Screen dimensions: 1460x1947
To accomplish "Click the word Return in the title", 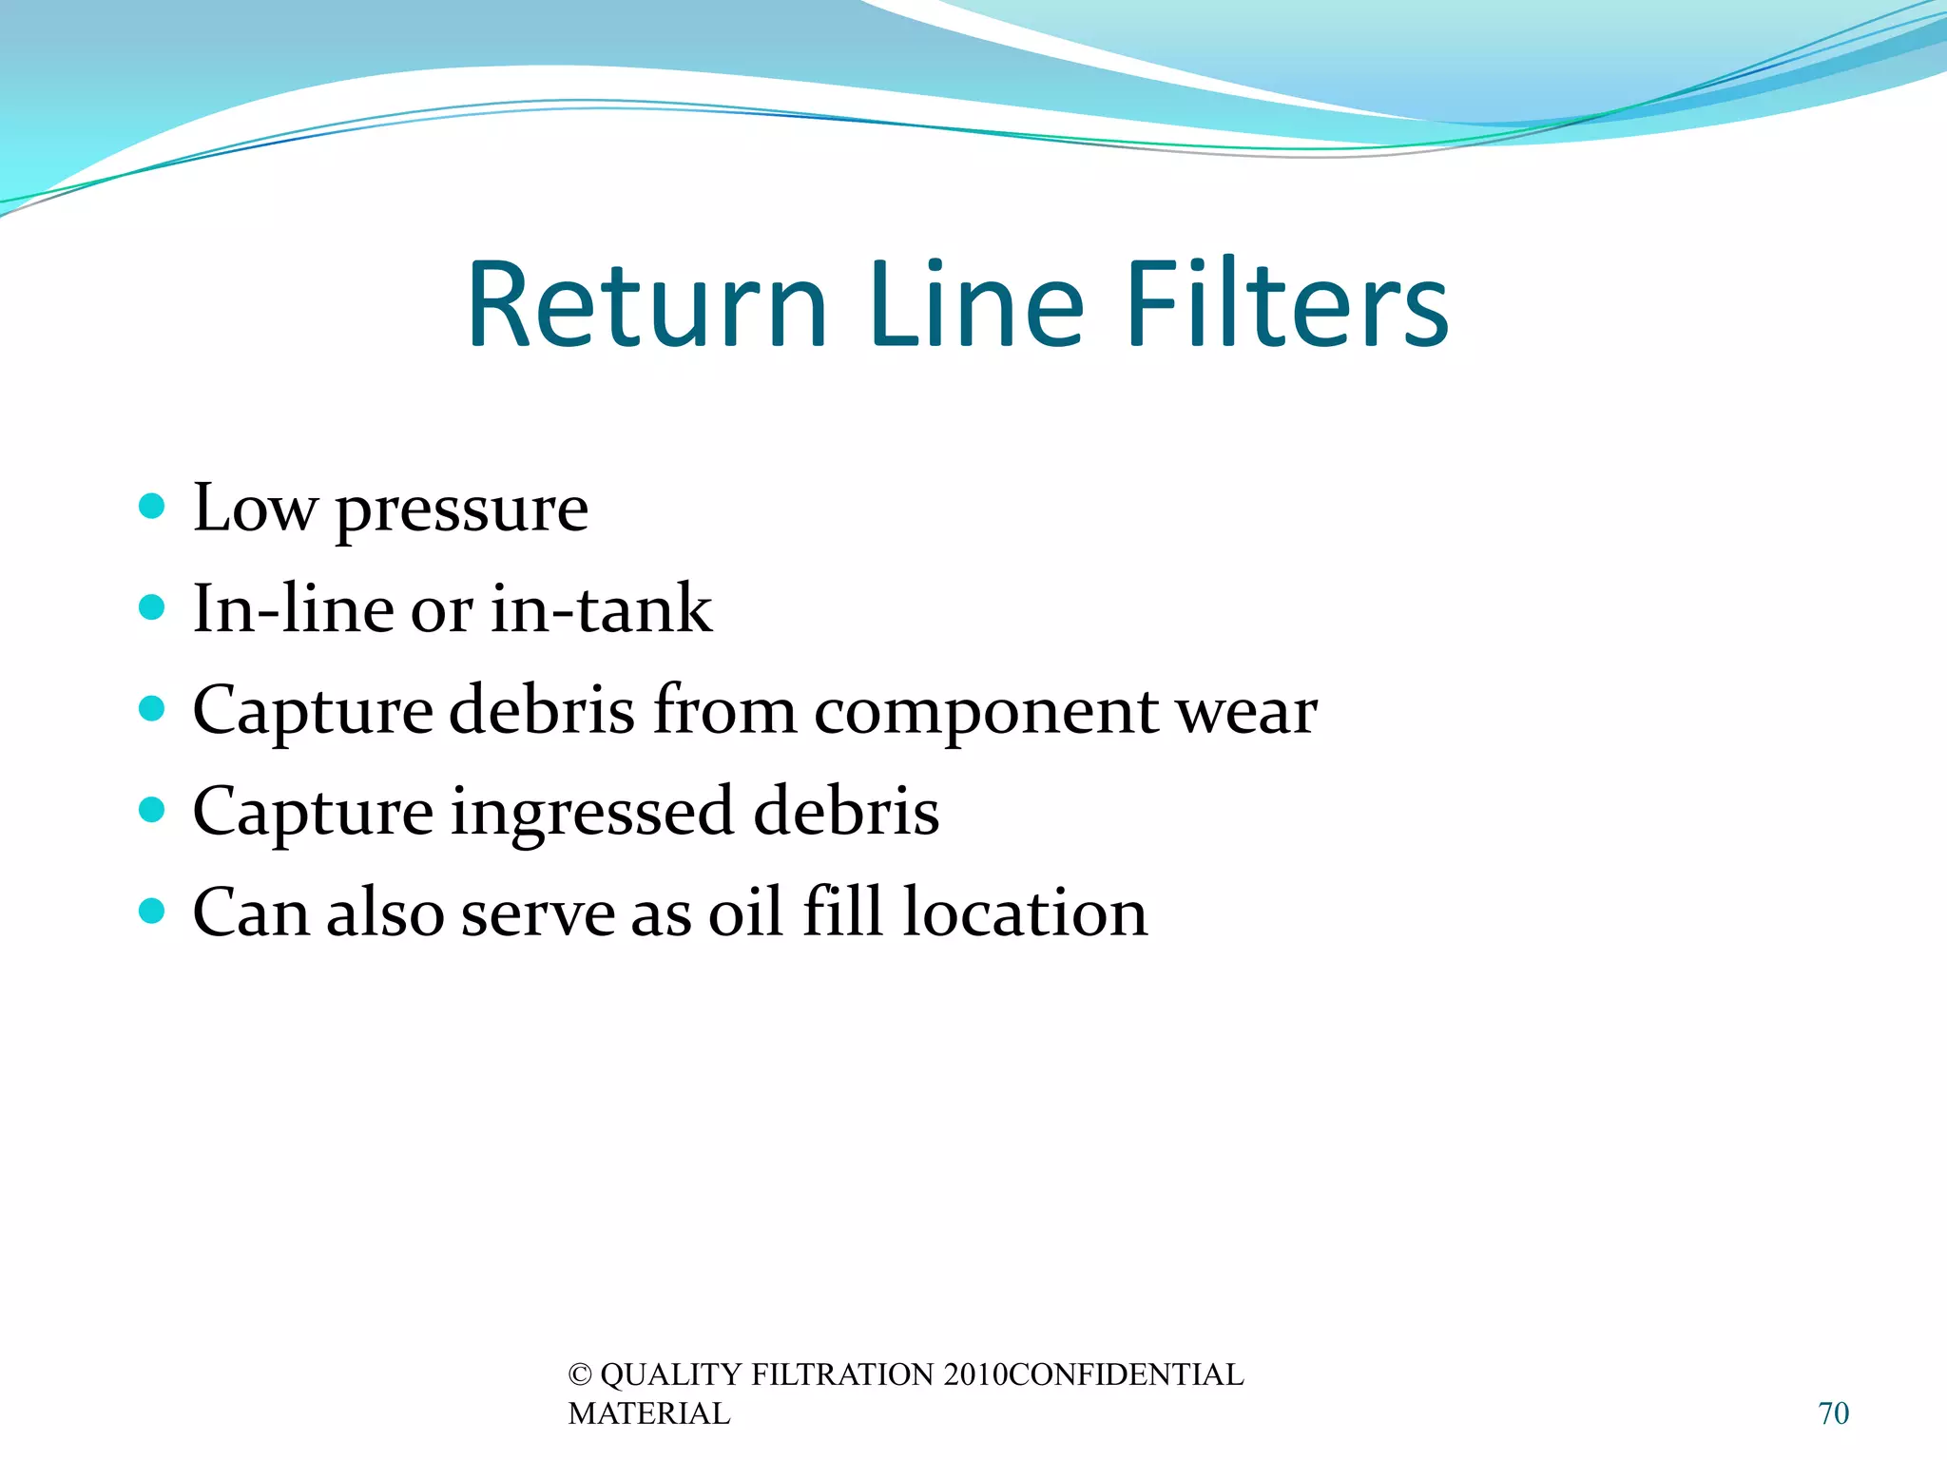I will (x=647, y=306).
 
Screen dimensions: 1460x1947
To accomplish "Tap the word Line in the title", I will (x=975, y=306).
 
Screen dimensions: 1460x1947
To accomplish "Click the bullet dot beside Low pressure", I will (x=151, y=505).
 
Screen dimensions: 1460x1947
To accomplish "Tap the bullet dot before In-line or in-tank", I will (x=151, y=606).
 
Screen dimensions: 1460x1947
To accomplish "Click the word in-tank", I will (x=601, y=609).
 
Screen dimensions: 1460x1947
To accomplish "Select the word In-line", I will (x=294, y=609).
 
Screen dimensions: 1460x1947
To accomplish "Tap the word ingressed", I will (x=592, y=816).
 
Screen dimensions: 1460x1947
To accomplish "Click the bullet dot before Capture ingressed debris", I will (x=151, y=810).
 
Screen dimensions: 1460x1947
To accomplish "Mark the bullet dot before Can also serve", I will (x=151, y=912).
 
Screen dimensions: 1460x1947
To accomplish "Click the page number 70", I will (x=1834, y=1413).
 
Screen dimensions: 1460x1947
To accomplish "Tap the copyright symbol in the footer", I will (x=580, y=1375).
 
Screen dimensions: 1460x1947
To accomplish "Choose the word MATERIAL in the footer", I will (x=649, y=1414).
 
